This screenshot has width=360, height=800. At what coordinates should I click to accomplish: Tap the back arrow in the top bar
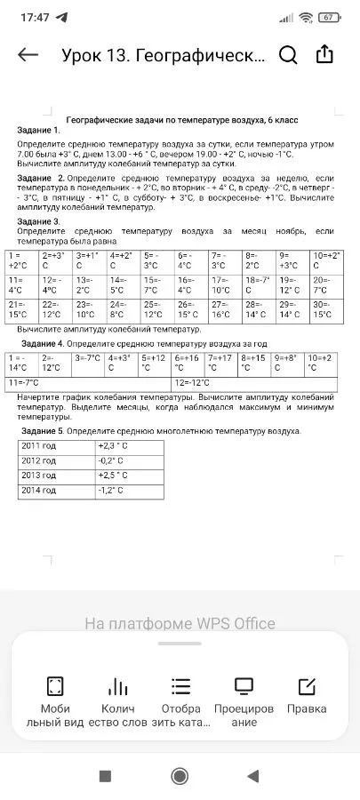point(28,55)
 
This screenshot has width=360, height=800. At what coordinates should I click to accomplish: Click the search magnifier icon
point(288,55)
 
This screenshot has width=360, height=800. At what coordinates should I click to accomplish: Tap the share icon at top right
point(325,55)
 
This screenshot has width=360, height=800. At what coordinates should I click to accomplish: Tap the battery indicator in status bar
point(328,17)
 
